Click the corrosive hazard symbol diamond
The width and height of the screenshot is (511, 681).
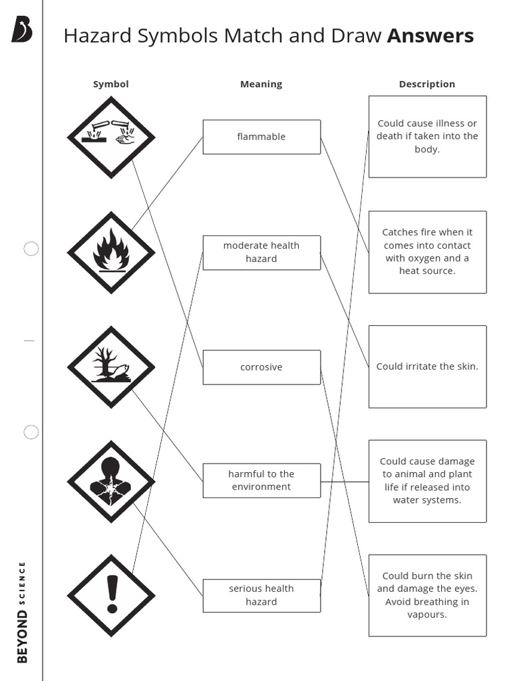pyautogui.click(x=111, y=137)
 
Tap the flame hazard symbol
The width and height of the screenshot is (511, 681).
pyautogui.click(x=111, y=253)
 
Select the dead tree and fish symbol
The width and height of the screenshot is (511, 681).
pyautogui.click(x=111, y=367)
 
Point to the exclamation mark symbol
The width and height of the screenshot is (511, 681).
pyautogui.click(x=111, y=595)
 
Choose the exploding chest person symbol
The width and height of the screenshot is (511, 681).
pyautogui.click(x=111, y=481)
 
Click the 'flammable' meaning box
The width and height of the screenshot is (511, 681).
pyautogui.click(x=261, y=137)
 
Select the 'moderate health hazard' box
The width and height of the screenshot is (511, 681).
pyautogui.click(x=261, y=252)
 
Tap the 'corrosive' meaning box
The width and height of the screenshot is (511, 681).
pyautogui.click(x=261, y=367)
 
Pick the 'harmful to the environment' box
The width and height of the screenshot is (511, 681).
pyautogui.click(x=261, y=480)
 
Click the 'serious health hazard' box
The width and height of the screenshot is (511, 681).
pyautogui.click(x=261, y=595)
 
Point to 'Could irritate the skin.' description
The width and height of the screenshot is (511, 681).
pyautogui.click(x=428, y=366)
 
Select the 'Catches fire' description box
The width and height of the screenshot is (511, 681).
pyautogui.click(x=428, y=252)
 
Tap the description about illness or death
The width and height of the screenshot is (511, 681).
pyautogui.click(x=428, y=136)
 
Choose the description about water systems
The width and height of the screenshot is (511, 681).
pyautogui.click(x=428, y=481)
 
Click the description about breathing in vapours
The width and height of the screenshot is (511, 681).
pyautogui.click(x=428, y=595)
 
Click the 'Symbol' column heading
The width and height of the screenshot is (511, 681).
pyautogui.click(x=111, y=84)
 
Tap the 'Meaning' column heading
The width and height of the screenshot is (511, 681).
pyautogui.click(x=261, y=84)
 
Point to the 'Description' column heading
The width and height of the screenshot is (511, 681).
pyautogui.click(x=427, y=84)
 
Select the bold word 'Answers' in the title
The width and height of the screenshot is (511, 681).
pyautogui.click(x=430, y=36)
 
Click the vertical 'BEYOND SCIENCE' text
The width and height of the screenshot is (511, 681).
pyautogui.click(x=22, y=613)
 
